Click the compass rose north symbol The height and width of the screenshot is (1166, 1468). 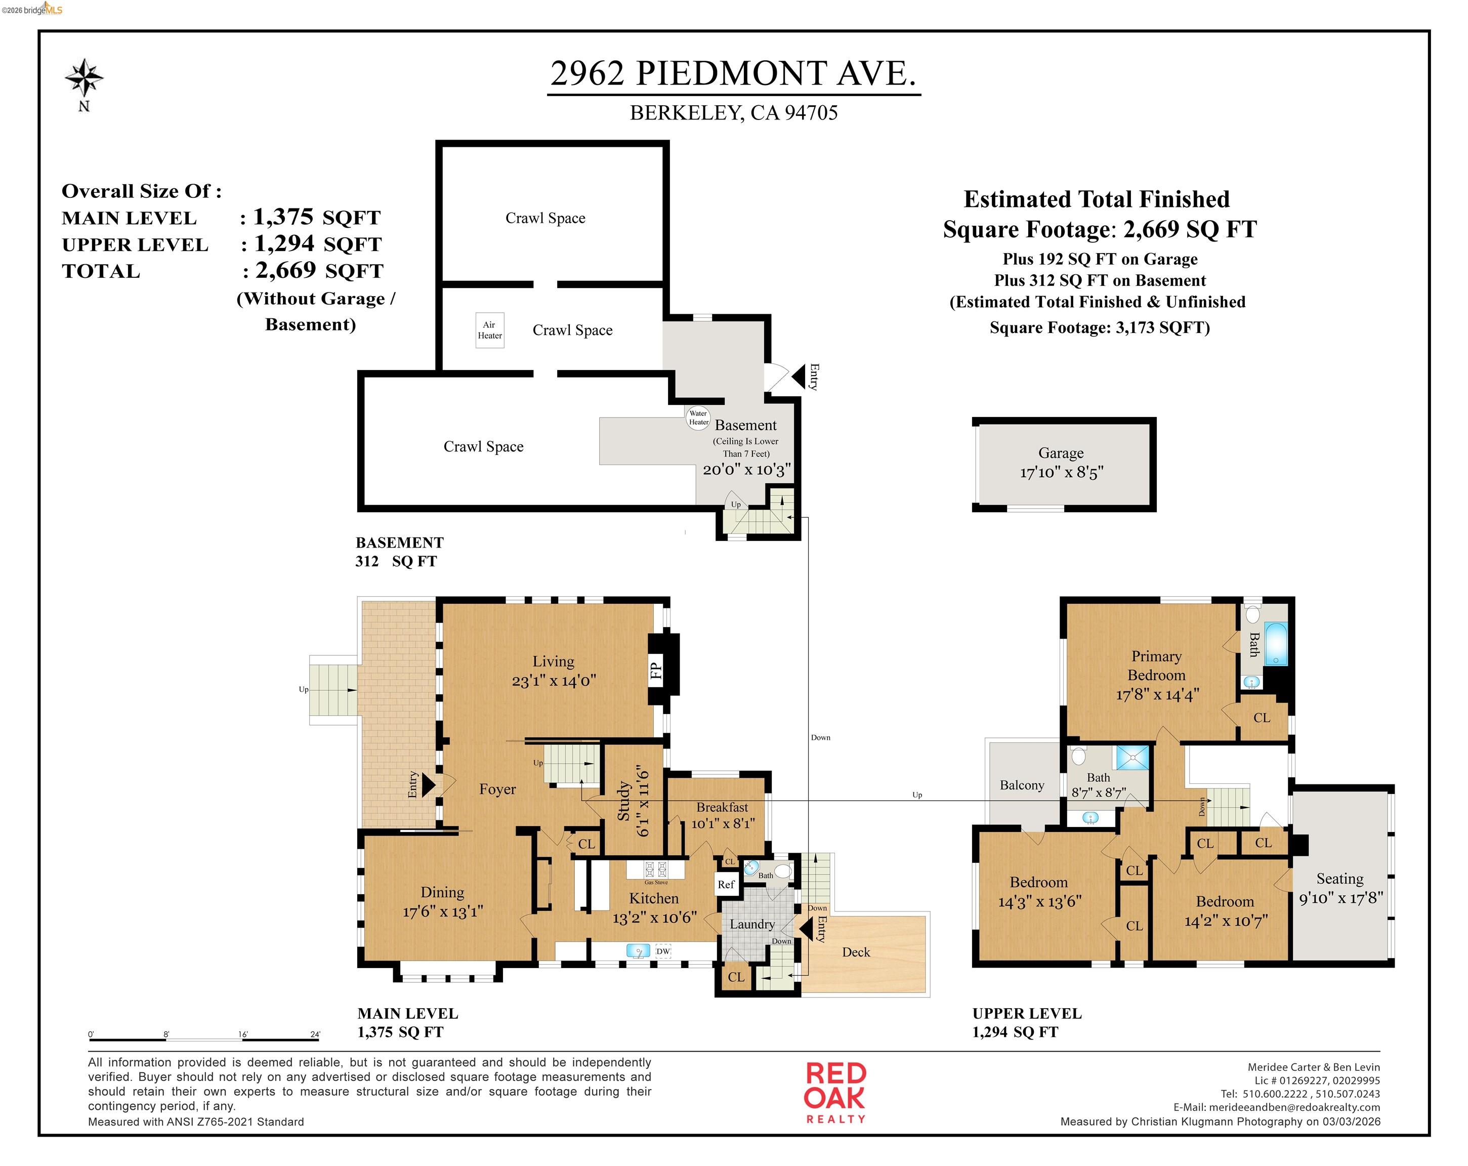click(x=85, y=78)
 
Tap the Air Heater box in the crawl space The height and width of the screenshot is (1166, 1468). click(x=489, y=330)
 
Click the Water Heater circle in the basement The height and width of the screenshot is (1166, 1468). click(x=698, y=418)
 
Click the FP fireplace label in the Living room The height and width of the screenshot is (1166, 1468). click(x=656, y=671)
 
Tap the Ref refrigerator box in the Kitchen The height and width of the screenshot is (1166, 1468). click(x=726, y=885)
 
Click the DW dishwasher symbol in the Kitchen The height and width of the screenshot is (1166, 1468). click(x=662, y=951)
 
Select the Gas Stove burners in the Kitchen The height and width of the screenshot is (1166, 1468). click(x=656, y=869)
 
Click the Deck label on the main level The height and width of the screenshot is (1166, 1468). click(x=856, y=952)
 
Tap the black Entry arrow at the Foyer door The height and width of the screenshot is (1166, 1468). click(x=428, y=784)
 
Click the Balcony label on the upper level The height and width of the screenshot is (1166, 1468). click(x=1021, y=785)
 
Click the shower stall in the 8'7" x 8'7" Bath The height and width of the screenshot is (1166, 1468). click(x=1131, y=758)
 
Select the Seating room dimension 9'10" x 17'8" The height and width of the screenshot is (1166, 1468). click(x=1340, y=898)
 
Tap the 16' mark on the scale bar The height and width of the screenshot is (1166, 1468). click(x=243, y=1034)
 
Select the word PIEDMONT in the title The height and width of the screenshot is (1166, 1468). click(x=731, y=73)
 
